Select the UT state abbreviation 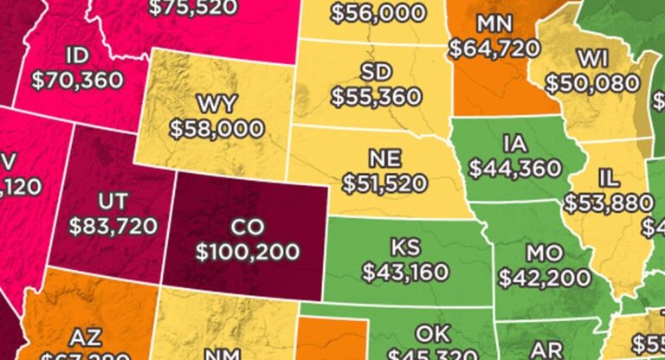click(x=113, y=202)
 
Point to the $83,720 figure click(x=113, y=227)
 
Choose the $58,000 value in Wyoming click(x=216, y=129)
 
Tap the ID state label click(x=77, y=56)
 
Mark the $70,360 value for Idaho click(x=77, y=80)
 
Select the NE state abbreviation click(x=384, y=158)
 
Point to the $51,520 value click(x=384, y=183)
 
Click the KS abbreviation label click(x=404, y=247)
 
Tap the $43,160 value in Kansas click(x=404, y=273)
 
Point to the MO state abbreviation click(x=544, y=253)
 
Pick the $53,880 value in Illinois click(x=609, y=203)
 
